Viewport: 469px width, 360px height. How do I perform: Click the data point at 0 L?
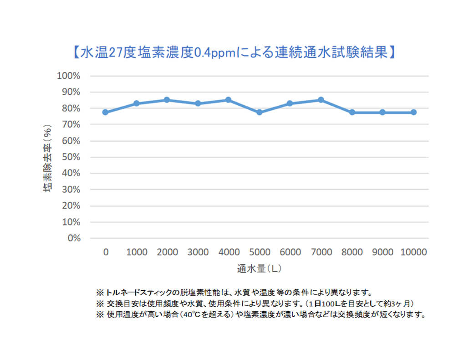point(105,112)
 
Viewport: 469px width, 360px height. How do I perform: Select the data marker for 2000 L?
point(167,100)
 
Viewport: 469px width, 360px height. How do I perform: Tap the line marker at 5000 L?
point(260,112)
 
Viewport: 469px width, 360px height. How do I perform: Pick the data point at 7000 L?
point(321,100)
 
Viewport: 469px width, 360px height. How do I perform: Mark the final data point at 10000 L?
point(413,112)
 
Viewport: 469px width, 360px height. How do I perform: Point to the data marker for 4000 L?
point(229,100)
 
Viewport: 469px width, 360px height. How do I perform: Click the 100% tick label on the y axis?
point(68,76)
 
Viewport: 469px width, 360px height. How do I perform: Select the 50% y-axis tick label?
point(71,157)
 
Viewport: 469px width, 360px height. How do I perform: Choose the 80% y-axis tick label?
point(71,108)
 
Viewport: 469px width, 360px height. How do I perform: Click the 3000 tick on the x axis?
point(198,252)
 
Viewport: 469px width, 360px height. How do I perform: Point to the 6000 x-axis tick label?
point(290,252)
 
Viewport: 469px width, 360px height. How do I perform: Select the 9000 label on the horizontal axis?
point(382,252)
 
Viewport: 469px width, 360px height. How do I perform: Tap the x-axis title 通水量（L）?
point(259,268)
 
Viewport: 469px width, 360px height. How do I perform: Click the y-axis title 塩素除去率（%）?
point(48,157)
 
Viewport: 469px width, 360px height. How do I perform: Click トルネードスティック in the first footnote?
point(141,292)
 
